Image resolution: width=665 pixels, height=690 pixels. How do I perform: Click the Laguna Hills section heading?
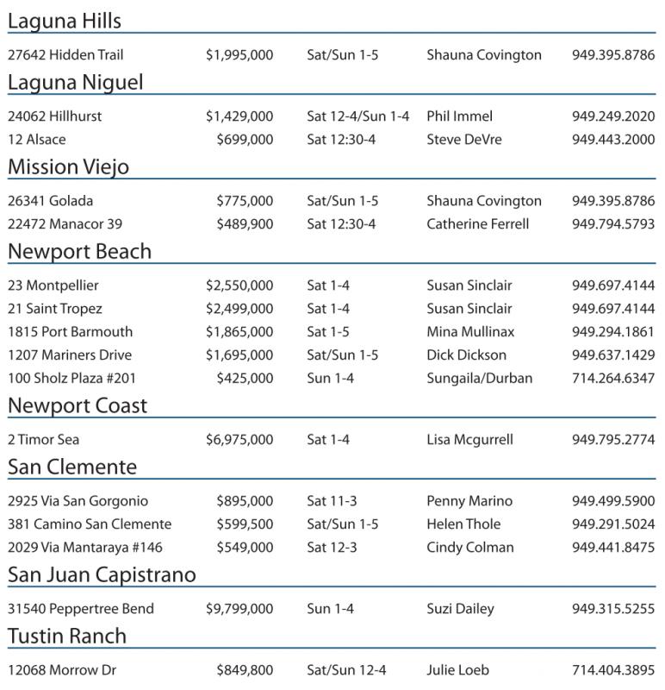point(65,21)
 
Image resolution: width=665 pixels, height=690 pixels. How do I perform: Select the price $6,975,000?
point(239,440)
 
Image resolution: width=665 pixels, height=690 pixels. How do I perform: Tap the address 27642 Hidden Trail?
point(65,55)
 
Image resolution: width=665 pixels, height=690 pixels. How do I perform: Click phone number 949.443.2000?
point(613,140)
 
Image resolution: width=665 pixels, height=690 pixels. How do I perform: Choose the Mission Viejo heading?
point(68,166)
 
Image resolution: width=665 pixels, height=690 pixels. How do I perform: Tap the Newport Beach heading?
point(79,251)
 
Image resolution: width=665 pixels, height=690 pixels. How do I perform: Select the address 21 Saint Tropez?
point(55,309)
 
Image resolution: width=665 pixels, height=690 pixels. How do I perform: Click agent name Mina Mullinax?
point(470,332)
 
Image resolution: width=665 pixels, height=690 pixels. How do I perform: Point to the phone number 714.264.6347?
point(613,379)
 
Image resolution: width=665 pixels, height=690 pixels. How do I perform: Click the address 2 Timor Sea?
point(44,440)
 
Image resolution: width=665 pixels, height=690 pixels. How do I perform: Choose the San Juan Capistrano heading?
point(102,574)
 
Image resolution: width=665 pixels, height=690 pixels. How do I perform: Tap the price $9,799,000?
point(239,609)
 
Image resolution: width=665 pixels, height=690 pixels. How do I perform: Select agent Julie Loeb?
point(457,670)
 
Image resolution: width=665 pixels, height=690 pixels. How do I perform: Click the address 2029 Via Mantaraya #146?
point(85,548)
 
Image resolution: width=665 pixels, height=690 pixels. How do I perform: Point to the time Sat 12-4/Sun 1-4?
point(358,116)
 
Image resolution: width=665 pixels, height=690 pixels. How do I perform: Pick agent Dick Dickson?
point(466,355)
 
